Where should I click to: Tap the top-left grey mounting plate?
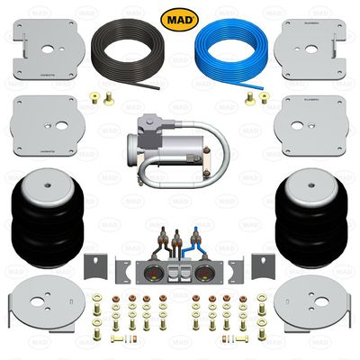pyautogui.click(x=44, y=46)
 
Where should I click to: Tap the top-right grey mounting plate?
pyautogui.click(x=314, y=46)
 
